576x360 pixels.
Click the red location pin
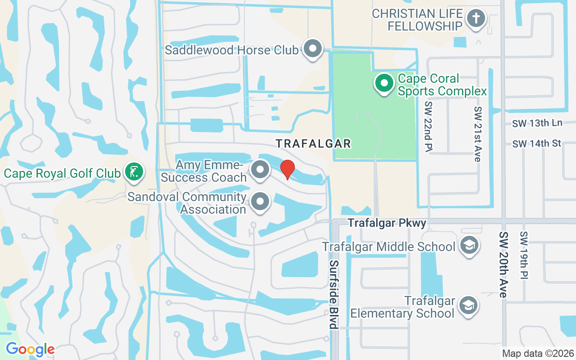[288, 170]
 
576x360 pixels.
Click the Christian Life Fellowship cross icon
[475, 19]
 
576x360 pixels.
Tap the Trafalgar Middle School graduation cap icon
[469, 246]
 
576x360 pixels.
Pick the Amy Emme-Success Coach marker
[260, 170]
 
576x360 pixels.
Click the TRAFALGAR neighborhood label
[313, 144]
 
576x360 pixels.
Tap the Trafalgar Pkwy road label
[387, 223]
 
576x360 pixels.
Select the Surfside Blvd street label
[333, 294]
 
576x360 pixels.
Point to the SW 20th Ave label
[504, 265]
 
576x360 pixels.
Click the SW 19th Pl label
[524, 255]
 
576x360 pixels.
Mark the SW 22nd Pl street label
[428, 126]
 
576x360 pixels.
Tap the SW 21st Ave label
[477, 134]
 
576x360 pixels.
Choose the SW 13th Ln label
[537, 123]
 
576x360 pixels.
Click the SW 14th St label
[537, 144]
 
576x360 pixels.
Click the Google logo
[30, 349]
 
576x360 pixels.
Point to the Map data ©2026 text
[538, 353]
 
